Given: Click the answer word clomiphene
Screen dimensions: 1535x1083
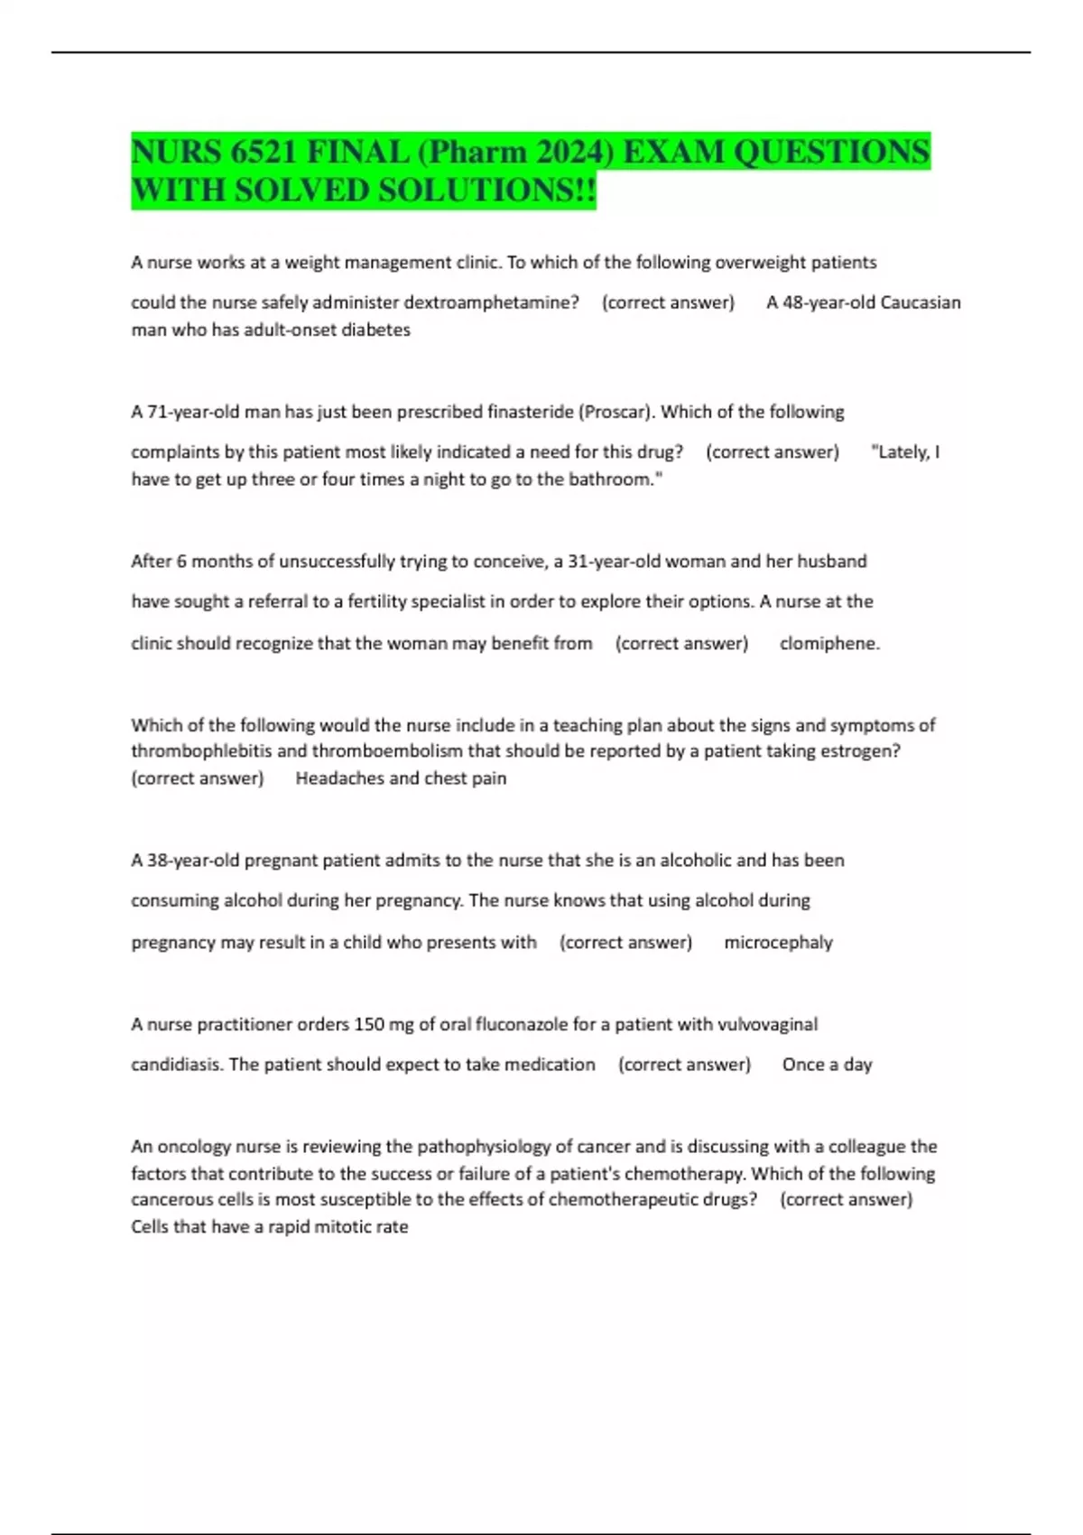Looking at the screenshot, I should tap(828, 643).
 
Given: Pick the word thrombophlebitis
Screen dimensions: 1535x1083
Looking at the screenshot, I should tap(201, 751).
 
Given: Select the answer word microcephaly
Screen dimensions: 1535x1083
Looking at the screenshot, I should tap(778, 943).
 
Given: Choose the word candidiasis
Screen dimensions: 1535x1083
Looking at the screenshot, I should tap(176, 1065).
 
